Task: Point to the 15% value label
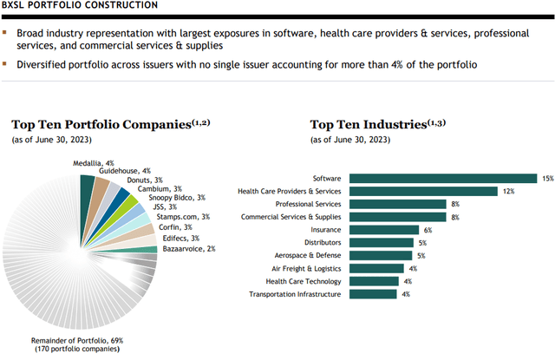(x=547, y=178)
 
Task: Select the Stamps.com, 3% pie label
(x=180, y=216)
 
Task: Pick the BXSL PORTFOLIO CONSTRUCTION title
(x=79, y=6)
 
